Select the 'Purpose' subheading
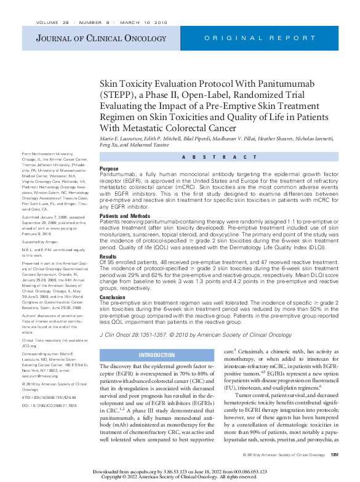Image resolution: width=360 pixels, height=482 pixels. point(109,168)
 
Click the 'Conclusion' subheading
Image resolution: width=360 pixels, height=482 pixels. point(113,297)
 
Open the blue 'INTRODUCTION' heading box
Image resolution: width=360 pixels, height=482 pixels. point(156,355)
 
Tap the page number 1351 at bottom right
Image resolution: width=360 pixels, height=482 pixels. point(335,454)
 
